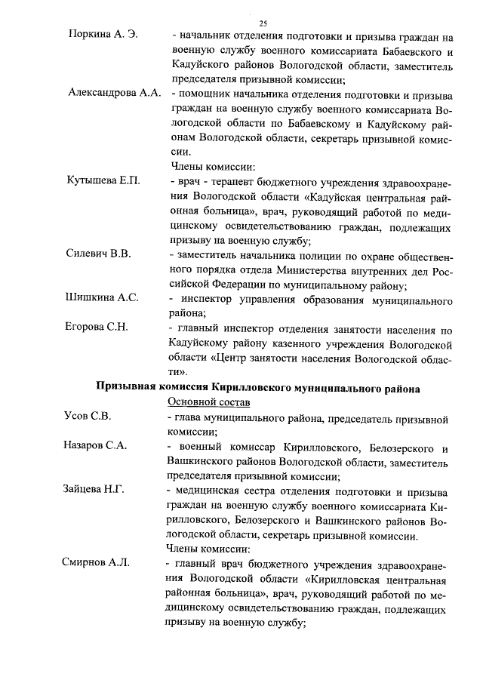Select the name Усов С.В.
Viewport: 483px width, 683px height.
pos(87,416)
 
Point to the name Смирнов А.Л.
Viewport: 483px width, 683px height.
pos(96,562)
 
